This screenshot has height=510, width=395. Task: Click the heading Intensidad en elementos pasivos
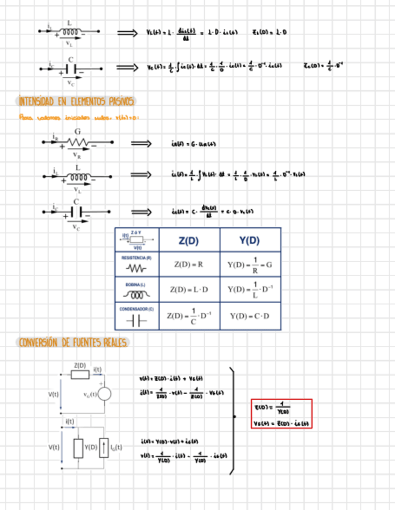pyautogui.click(x=76, y=102)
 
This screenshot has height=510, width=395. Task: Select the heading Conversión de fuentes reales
pyautogui.click(x=73, y=343)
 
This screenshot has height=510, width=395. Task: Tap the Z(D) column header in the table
pyautogui.click(x=188, y=240)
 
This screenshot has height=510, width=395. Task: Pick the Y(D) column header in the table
pyautogui.click(x=249, y=240)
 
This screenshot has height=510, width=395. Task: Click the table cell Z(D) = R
pyautogui.click(x=188, y=264)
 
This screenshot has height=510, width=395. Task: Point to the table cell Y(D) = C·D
pyautogui.click(x=249, y=316)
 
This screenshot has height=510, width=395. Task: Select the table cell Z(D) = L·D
pyautogui.click(x=188, y=290)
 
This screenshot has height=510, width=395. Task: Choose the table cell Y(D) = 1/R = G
pyautogui.click(x=249, y=264)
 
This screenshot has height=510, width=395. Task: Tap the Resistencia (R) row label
pyautogui.click(x=136, y=257)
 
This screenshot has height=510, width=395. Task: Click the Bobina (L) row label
pyautogui.click(x=136, y=284)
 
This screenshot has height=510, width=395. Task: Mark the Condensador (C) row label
pyautogui.click(x=136, y=309)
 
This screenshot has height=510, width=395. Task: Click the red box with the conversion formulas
pyautogui.click(x=282, y=414)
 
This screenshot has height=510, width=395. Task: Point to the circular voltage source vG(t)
pyautogui.click(x=104, y=395)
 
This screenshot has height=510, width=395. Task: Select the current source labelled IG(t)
pyautogui.click(x=104, y=448)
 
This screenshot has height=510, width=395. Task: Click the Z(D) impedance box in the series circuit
pyautogui.click(x=80, y=374)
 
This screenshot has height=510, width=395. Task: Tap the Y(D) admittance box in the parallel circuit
pyautogui.click(x=78, y=448)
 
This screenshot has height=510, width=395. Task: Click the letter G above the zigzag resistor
pyautogui.click(x=77, y=131)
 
